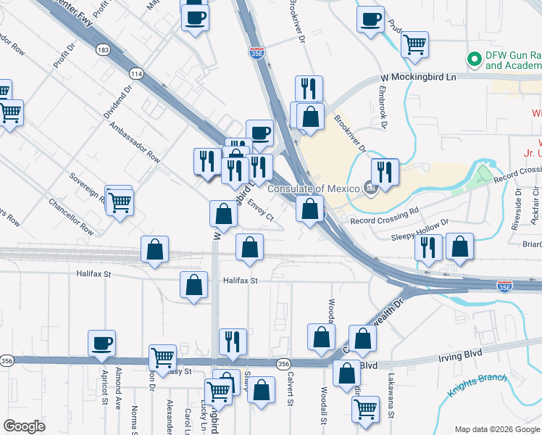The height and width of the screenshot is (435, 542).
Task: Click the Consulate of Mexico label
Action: click(314, 189)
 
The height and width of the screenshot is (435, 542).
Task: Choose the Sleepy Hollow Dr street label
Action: click(420, 229)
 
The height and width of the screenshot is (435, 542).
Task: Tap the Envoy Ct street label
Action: click(261, 211)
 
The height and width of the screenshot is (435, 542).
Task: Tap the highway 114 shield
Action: click(135, 73)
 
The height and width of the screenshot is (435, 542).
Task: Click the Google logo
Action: click(24, 426)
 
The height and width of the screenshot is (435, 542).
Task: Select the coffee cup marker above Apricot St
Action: click(101, 342)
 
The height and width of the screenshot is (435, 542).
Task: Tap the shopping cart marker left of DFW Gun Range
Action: click(414, 43)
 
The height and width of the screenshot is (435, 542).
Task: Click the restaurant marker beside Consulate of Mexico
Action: click(385, 171)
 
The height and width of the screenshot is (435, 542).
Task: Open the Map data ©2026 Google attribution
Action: click(497, 428)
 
